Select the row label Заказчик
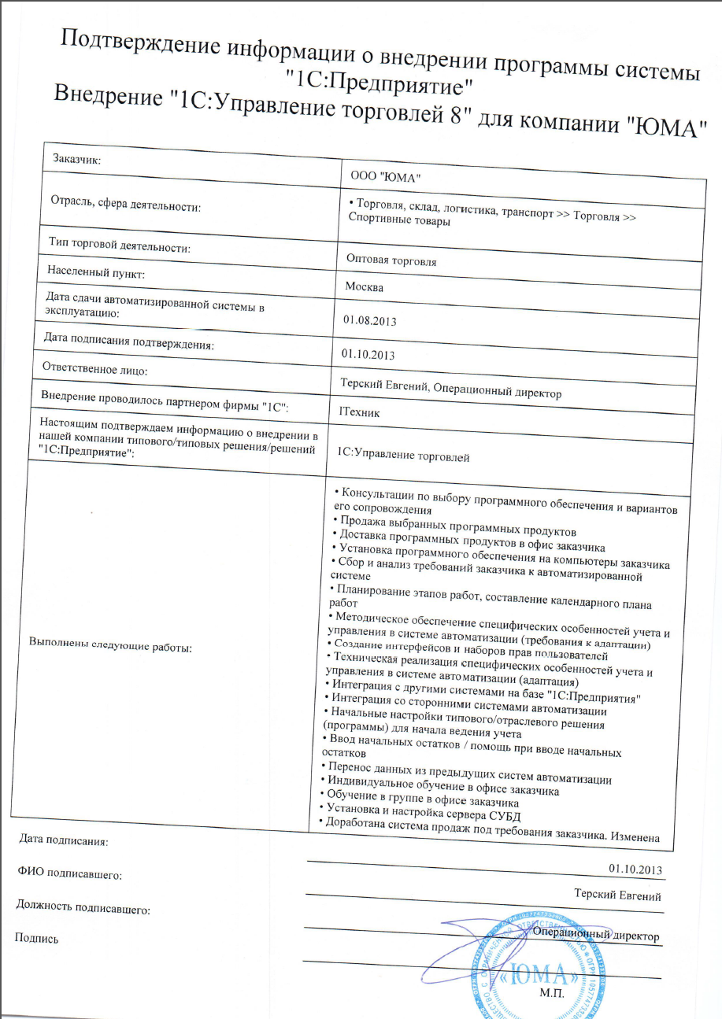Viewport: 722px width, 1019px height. click(x=79, y=160)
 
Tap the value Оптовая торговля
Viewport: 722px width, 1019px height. click(x=391, y=260)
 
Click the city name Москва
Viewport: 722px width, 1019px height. click(x=365, y=286)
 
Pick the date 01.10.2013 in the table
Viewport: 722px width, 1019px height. click(x=368, y=354)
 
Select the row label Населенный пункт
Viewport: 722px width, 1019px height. click(x=96, y=272)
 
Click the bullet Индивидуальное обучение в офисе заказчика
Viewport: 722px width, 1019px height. click(x=439, y=789)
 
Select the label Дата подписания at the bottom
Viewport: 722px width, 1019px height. click(x=63, y=840)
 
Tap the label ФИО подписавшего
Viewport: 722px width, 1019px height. click(x=70, y=873)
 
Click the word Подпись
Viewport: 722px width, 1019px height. click(x=36, y=937)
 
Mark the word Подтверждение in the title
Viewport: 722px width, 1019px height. click(x=143, y=46)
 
